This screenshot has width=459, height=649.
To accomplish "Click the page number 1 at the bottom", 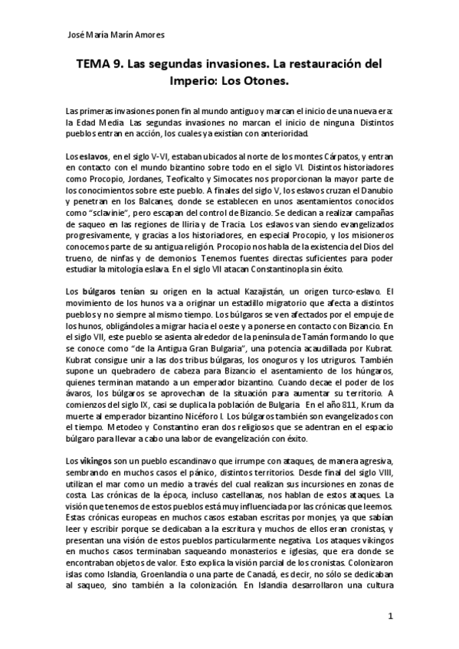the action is pos(390,615).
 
